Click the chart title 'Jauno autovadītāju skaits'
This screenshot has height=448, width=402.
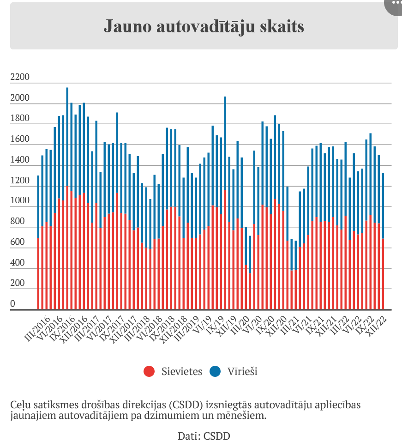tap(204, 26)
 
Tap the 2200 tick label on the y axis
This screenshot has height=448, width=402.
tap(19, 77)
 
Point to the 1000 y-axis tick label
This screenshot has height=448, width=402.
tap(19, 201)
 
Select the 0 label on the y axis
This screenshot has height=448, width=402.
tap(13, 304)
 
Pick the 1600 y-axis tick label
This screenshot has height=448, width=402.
tap(19, 139)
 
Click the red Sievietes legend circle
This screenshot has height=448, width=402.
tap(149, 371)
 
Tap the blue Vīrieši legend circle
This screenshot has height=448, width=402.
tap(215, 371)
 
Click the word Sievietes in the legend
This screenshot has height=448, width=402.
tap(182, 371)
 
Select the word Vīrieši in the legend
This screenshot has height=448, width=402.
tap(242, 371)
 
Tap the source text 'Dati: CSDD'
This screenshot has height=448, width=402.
tap(204, 436)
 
